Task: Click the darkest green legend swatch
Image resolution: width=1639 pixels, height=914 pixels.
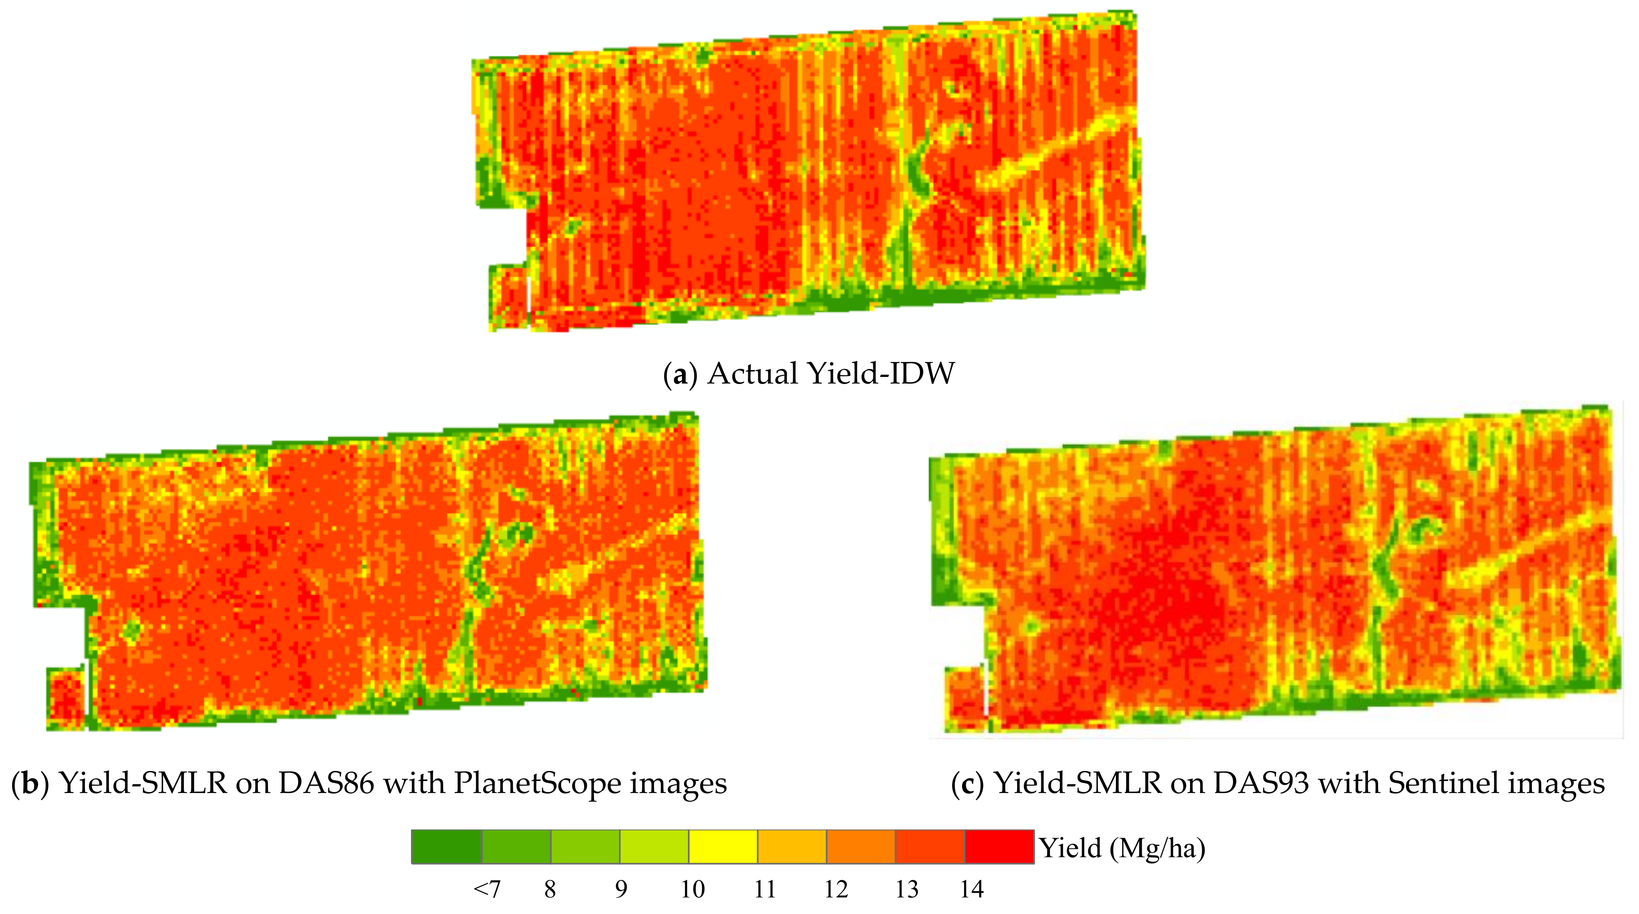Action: pos(446,846)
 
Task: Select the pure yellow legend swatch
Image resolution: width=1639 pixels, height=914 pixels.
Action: pos(723,846)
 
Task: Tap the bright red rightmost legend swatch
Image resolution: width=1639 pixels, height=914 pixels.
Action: pos(999,846)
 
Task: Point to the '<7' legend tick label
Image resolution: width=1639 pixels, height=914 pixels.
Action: pos(487,889)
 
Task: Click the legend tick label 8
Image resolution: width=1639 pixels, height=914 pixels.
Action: pos(550,889)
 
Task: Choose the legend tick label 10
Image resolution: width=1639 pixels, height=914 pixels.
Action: pos(692,889)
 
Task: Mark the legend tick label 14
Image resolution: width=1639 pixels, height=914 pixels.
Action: pos(972,889)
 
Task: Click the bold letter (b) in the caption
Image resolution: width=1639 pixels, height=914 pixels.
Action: pos(29,783)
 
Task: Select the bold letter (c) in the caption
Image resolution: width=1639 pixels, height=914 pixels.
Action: pos(967,783)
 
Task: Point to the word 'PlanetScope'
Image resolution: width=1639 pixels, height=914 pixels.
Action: pos(536,783)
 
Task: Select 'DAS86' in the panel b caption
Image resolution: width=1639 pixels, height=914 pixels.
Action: pos(326,783)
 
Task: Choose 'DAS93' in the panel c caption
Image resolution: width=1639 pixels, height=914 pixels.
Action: pos(1261,783)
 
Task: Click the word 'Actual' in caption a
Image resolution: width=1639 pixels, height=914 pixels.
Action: pos(752,374)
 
